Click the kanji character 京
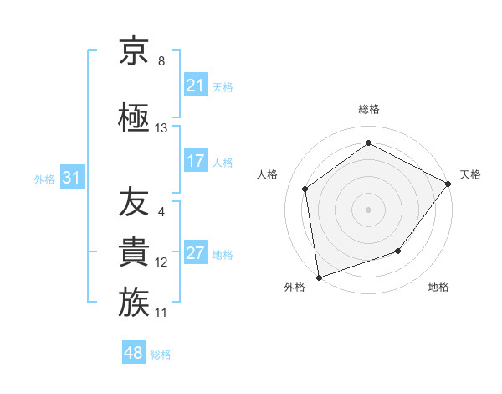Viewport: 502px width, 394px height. [x=134, y=52]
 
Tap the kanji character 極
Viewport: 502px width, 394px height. [x=134, y=117]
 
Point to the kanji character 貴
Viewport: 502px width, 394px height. [x=134, y=252]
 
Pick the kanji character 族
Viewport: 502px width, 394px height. [x=134, y=303]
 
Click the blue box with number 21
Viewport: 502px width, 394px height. [x=196, y=85]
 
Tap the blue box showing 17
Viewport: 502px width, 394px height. [x=196, y=161]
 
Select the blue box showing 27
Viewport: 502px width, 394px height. [x=196, y=254]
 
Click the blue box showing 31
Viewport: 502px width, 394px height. [x=71, y=178]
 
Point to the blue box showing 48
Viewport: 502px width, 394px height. [x=134, y=353]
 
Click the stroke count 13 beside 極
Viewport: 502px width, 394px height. [x=161, y=128]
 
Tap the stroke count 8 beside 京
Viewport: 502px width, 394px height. [x=161, y=61]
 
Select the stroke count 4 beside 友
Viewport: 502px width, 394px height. [x=161, y=211]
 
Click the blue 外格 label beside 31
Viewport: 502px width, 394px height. [x=44, y=179]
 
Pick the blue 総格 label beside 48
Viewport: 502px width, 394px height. [x=161, y=354]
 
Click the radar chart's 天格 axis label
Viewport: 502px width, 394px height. [x=470, y=174]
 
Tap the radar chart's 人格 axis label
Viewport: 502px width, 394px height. [x=268, y=174]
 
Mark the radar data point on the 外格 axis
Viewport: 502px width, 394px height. [x=319, y=277]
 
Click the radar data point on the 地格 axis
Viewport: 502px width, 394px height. [x=398, y=251]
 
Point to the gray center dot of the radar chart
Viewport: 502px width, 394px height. [x=368, y=209]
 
